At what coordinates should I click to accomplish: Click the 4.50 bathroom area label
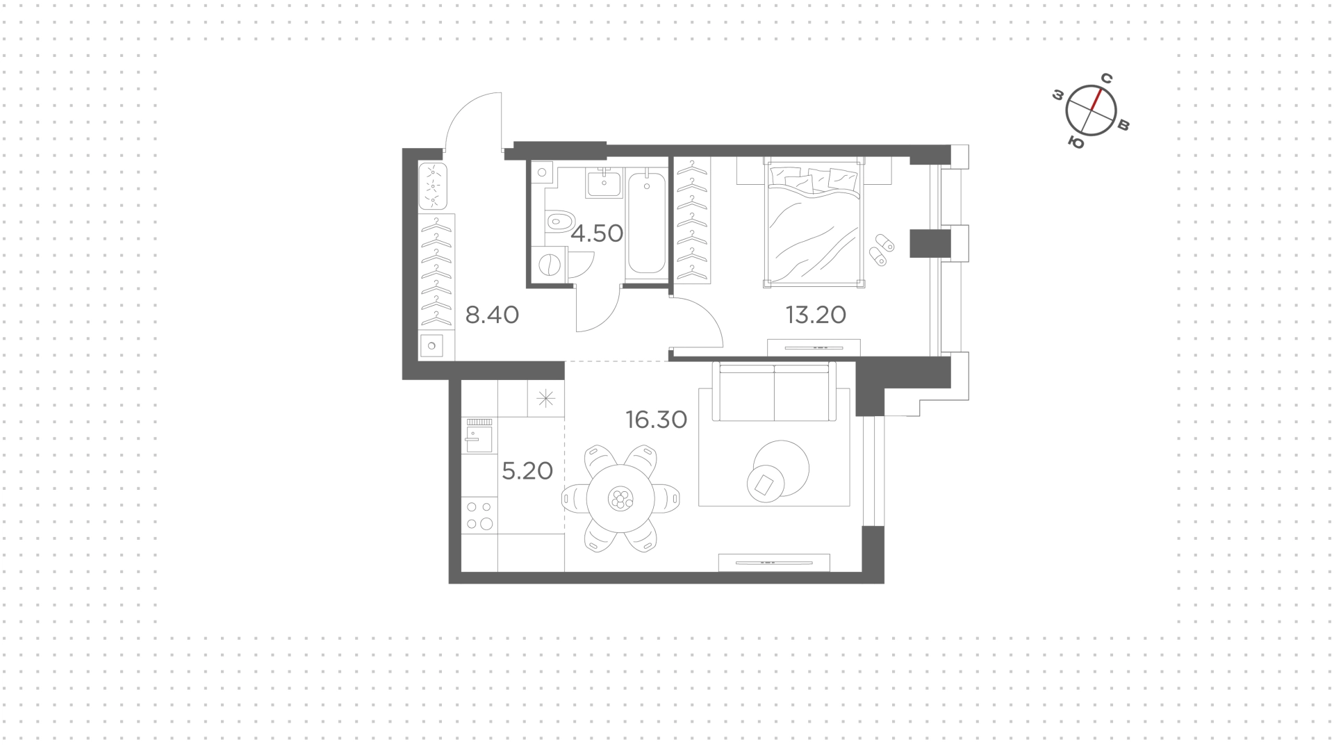(597, 233)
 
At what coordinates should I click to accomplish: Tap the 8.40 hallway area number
(492, 315)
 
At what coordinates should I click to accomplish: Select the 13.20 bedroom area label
(816, 315)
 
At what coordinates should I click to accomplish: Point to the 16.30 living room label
(657, 420)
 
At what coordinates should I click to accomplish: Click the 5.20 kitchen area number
(527, 471)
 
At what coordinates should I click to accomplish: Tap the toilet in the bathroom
(558, 222)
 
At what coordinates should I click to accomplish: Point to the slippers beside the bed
(881, 250)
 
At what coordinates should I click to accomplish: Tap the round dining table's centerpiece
(619, 498)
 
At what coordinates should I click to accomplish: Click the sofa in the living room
(774, 392)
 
